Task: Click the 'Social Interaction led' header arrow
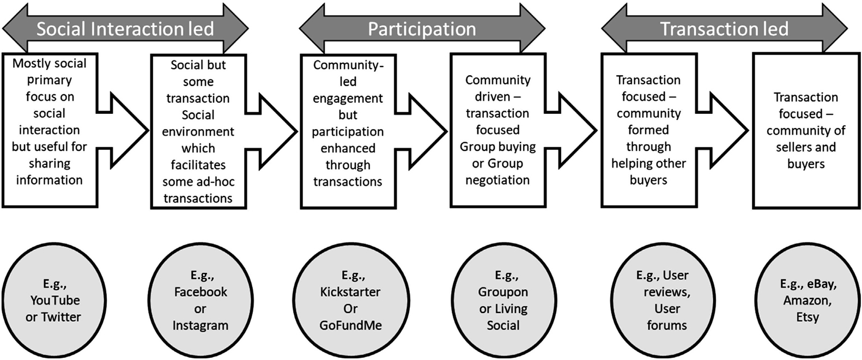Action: pyautogui.click(x=125, y=28)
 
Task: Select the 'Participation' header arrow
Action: pyautogui.click(x=422, y=28)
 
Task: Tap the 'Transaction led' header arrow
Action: pyautogui.click(x=724, y=28)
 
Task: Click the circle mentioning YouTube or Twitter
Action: pyautogui.click(x=53, y=300)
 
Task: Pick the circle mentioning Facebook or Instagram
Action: pyautogui.click(x=201, y=300)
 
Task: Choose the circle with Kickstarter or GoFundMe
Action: pyautogui.click(x=350, y=300)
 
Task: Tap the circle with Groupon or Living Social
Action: pyautogui.click(x=503, y=300)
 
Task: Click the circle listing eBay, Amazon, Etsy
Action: pyautogui.click(x=808, y=300)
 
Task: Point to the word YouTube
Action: pyautogui.click(x=55, y=300)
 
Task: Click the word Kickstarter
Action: pyautogui.click(x=350, y=292)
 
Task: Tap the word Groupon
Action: pyautogui.click(x=503, y=292)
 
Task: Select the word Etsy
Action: pyautogui.click(x=808, y=317)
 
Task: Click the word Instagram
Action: pyautogui.click(x=201, y=326)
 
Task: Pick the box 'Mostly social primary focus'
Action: pyautogui.click(x=50, y=130)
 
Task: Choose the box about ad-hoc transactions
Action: pyautogui.click(x=198, y=131)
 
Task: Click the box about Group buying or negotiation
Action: pyautogui.click(x=497, y=130)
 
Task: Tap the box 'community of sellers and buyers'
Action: pyautogui.click(x=806, y=131)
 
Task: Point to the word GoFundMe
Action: pyautogui.click(x=350, y=326)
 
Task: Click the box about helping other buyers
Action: pyautogui.click(x=648, y=130)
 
